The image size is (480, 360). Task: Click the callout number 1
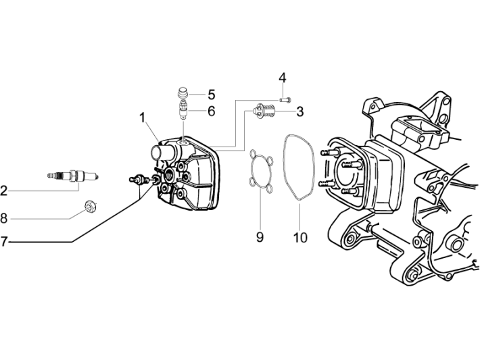(x=143, y=118)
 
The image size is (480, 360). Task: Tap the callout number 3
(x=299, y=111)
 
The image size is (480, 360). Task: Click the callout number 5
(x=211, y=94)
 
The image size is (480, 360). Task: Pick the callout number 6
(x=211, y=111)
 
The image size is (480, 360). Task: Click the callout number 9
(x=260, y=237)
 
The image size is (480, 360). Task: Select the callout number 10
(x=300, y=237)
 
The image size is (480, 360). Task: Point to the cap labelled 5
(x=181, y=93)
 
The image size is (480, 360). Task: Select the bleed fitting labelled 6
(x=181, y=107)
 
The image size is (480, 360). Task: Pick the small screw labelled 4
(x=285, y=99)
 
